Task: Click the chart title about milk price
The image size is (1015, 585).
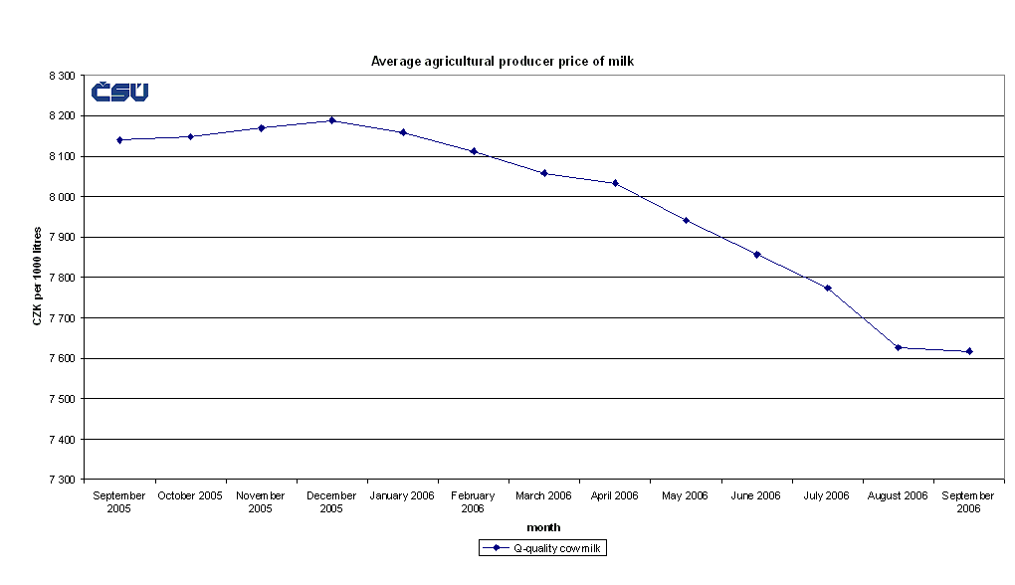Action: [503, 61]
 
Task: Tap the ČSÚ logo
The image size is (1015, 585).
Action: [119, 93]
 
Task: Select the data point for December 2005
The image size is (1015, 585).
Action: [332, 120]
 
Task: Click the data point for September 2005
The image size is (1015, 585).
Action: [119, 140]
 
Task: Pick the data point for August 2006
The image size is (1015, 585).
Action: [899, 347]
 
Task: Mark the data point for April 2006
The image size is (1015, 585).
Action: [615, 183]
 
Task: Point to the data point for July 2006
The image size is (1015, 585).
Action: [828, 289]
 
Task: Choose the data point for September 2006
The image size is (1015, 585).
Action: [969, 351]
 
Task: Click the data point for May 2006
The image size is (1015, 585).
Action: [687, 220]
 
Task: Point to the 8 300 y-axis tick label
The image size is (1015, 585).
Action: [61, 76]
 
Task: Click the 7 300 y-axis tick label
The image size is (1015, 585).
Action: [61, 480]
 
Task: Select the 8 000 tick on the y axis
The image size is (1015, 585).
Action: [61, 197]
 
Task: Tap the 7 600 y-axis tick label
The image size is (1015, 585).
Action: [61, 358]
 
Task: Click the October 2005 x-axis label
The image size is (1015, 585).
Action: [190, 495]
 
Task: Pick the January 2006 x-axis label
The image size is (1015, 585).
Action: [402, 495]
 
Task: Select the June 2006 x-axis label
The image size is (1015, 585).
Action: [756, 495]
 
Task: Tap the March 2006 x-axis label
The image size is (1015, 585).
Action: [543, 495]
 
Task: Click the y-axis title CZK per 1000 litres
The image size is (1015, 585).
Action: [37, 277]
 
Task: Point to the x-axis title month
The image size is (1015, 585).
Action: [543, 527]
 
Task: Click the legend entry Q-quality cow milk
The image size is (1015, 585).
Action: [543, 548]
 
